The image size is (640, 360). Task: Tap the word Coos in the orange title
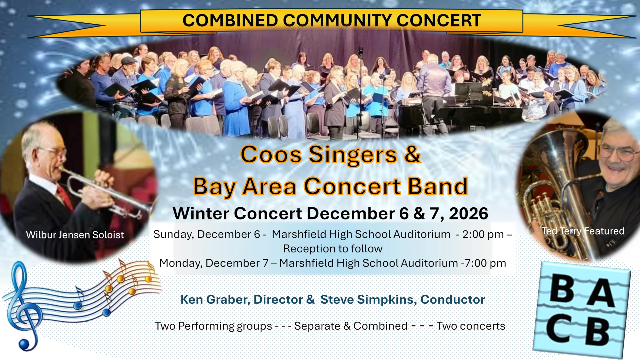tap(271, 155)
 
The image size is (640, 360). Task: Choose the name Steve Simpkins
tap(368, 300)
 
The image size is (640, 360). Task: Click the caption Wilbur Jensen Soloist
tap(75, 235)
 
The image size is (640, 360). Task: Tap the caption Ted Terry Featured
tap(583, 231)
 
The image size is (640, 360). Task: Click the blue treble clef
tap(24, 304)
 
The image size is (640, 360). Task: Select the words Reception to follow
tap(333, 249)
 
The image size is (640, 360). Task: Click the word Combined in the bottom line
tap(380, 326)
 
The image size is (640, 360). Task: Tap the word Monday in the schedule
tap(181, 263)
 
